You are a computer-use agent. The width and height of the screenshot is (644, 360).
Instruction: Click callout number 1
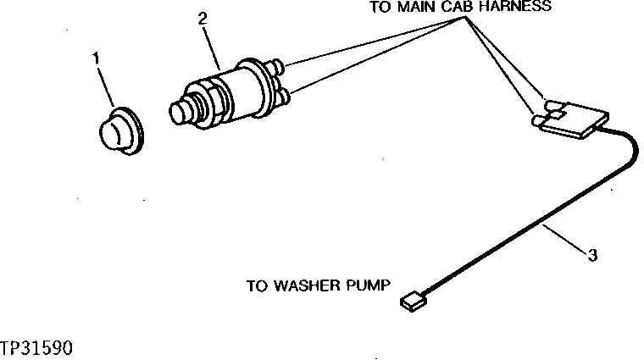tap(96, 58)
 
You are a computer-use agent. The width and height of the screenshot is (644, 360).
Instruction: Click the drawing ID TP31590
tap(36, 347)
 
